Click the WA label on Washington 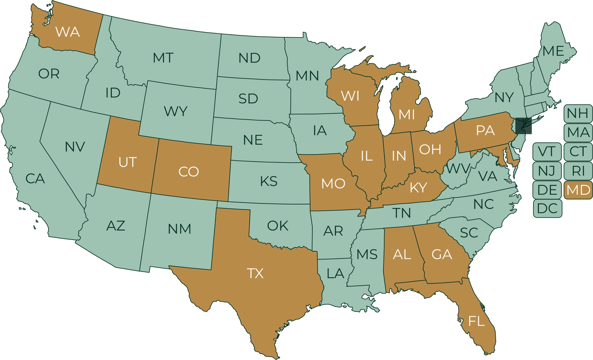[67, 32]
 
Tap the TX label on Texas [255, 273]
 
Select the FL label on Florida [476, 321]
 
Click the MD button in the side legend [578, 190]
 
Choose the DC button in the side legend [547, 208]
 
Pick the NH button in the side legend [577, 113]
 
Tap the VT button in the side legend [547, 151]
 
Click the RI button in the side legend [578, 171]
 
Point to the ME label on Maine [553, 52]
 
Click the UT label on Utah [127, 162]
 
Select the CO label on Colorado [188, 172]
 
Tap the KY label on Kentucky [418, 188]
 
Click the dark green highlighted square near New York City [524, 126]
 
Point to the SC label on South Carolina [469, 233]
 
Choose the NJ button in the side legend [547, 171]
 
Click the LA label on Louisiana [335, 273]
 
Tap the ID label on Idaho [113, 93]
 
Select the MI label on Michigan [407, 115]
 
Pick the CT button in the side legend [578, 151]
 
